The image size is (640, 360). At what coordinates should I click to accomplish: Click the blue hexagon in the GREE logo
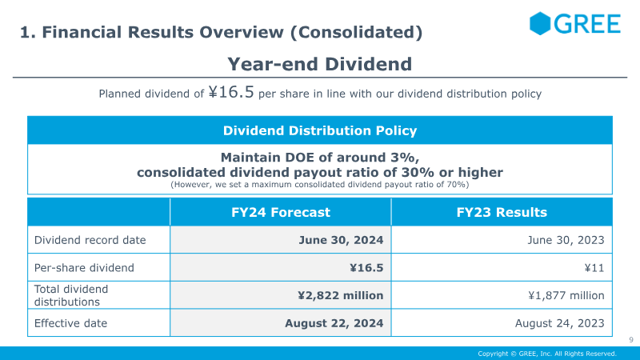540,23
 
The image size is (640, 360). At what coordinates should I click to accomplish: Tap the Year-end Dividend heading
319,64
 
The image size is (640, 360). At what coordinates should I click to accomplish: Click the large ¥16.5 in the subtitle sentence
231,92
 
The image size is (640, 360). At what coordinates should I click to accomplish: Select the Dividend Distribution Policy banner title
320,130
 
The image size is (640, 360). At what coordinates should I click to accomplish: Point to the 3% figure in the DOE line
405,158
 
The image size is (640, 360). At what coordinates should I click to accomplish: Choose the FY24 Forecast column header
281,212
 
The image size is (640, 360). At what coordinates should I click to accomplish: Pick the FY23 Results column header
502,212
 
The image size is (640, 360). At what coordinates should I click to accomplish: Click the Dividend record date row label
90,240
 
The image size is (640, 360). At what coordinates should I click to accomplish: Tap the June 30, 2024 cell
341,240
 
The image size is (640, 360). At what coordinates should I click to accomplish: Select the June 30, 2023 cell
566,240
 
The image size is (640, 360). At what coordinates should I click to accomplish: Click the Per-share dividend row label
84,268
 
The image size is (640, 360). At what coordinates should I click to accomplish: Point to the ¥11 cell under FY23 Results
594,268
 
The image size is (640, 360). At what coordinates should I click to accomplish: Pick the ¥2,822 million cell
341,295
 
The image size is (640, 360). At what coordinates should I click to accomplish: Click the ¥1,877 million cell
566,295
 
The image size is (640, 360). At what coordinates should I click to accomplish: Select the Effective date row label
70,323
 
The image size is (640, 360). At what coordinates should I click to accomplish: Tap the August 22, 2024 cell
334,323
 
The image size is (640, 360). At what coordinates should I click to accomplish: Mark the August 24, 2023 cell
559,323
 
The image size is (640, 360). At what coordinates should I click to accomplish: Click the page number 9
631,339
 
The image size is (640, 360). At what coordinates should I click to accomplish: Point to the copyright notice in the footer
547,354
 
